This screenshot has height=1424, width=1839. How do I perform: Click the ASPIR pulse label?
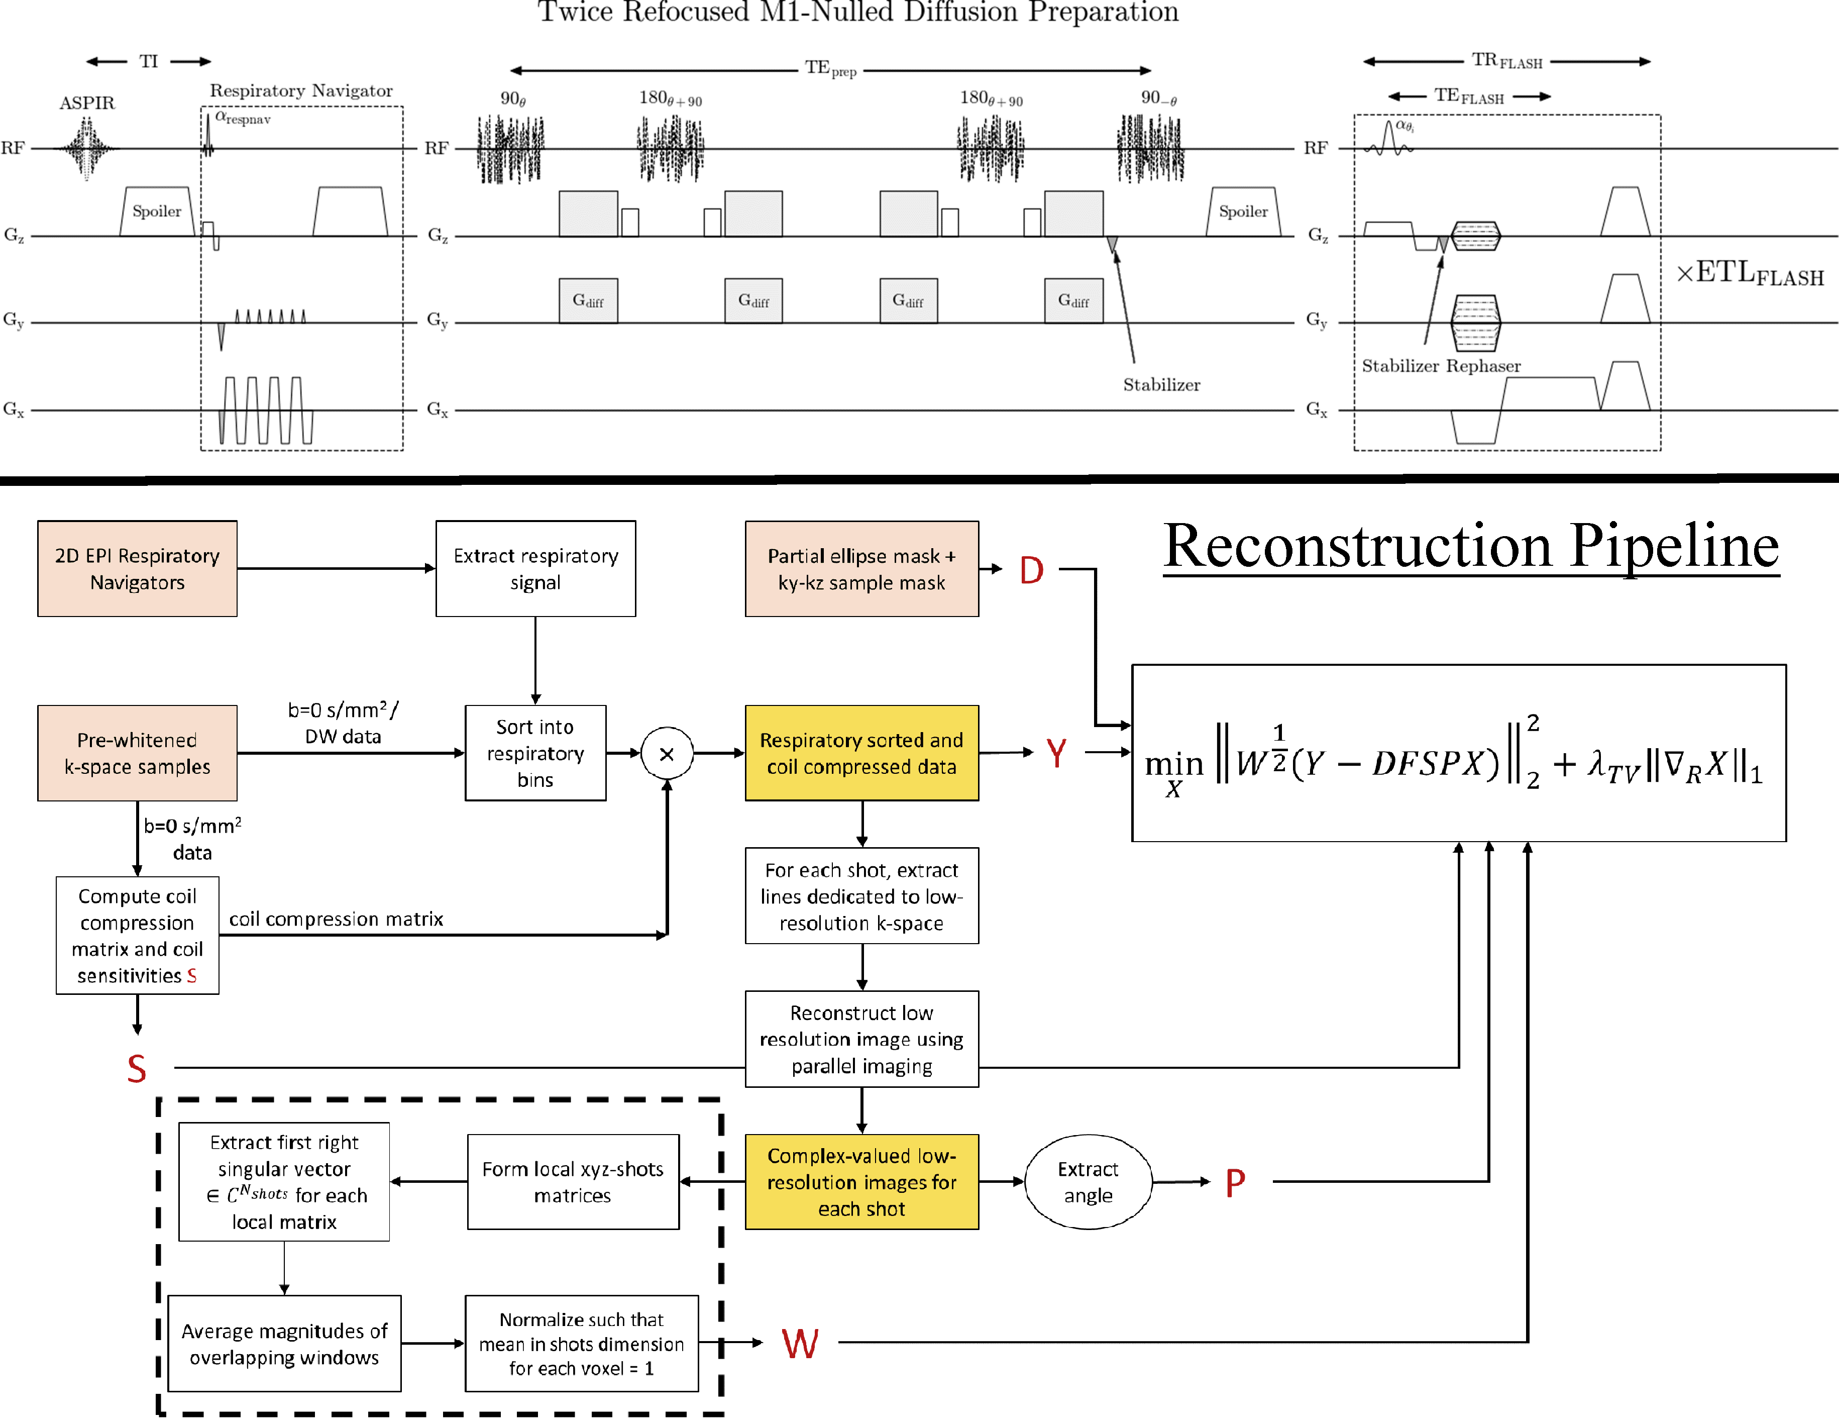pos(87,103)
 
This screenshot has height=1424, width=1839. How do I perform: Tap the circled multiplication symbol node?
pos(667,754)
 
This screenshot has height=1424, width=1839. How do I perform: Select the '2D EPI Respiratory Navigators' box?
pos(137,569)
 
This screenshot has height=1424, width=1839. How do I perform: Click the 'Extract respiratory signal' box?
pos(535,569)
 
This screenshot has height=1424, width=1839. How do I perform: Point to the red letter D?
pos(1031,571)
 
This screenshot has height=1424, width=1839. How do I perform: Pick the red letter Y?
pos(1056,753)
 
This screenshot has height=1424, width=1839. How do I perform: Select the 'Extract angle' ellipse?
pos(1088,1182)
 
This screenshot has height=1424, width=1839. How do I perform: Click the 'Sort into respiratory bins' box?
pos(535,753)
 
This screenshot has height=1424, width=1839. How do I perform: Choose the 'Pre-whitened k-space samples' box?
pos(137,753)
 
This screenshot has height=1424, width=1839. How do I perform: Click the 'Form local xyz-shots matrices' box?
pos(573,1182)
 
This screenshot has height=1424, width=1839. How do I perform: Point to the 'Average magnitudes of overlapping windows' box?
pos(285,1344)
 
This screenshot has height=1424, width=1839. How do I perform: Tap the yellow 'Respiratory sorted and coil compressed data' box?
pos(861,753)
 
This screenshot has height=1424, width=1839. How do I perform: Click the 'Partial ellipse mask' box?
pos(861,569)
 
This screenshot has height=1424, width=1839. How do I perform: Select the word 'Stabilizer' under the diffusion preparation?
pos(1161,385)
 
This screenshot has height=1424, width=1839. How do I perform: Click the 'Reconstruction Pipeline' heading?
pos(1471,547)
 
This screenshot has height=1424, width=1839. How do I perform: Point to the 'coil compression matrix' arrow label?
pos(336,919)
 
